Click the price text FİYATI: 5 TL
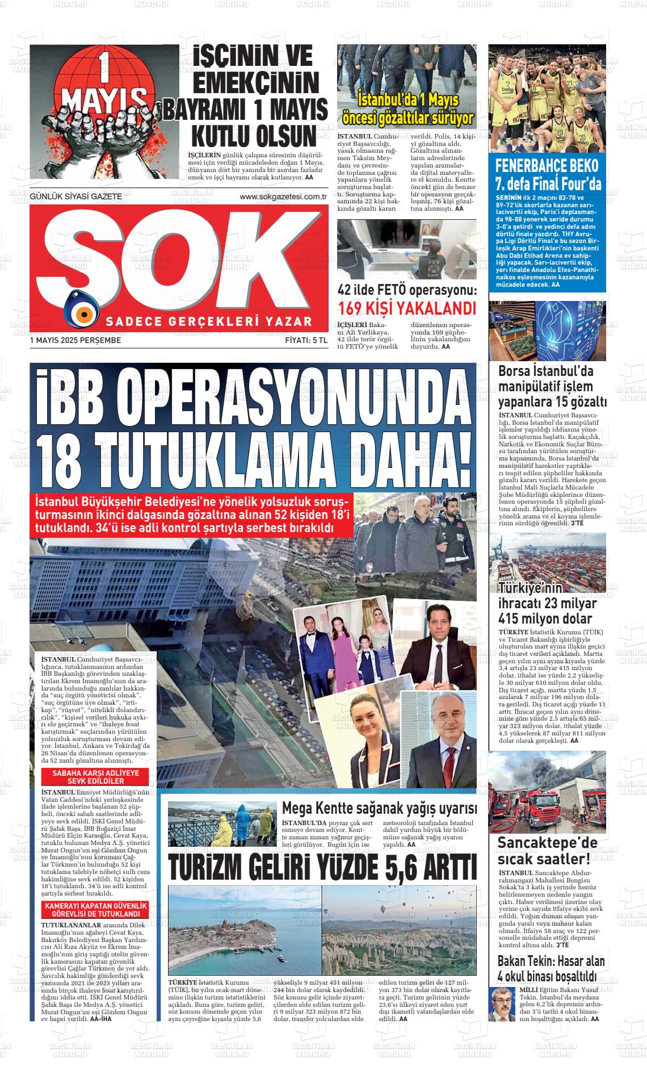(x=306, y=341)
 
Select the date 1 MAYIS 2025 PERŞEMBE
(x=75, y=341)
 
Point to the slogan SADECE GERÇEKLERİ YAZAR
(x=209, y=322)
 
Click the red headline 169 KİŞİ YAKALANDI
(x=407, y=309)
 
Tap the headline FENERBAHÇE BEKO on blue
(x=547, y=166)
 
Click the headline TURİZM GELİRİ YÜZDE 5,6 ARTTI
(x=322, y=868)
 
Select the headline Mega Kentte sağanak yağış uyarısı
(x=379, y=808)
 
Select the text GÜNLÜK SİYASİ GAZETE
(x=75, y=196)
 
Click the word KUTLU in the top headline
(x=225, y=136)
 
